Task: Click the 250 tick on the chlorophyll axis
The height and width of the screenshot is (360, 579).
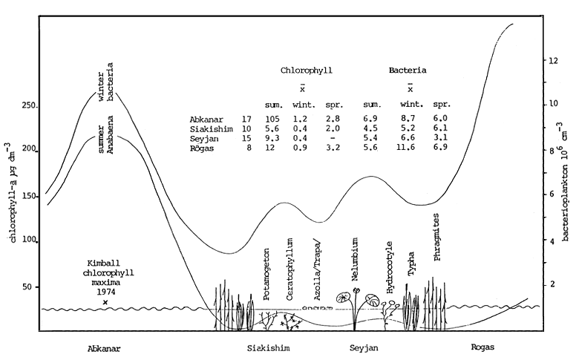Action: click(x=27, y=107)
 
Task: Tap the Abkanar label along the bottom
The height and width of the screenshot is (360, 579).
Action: click(x=104, y=347)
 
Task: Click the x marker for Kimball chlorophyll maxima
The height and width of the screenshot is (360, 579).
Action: click(x=105, y=303)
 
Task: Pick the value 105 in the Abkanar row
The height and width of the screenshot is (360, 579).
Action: click(x=275, y=119)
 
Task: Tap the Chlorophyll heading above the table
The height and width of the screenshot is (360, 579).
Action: click(x=306, y=71)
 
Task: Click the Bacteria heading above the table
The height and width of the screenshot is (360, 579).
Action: click(x=408, y=71)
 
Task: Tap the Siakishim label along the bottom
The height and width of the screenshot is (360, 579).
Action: click(x=268, y=347)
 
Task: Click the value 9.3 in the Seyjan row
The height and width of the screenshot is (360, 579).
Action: click(x=274, y=140)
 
